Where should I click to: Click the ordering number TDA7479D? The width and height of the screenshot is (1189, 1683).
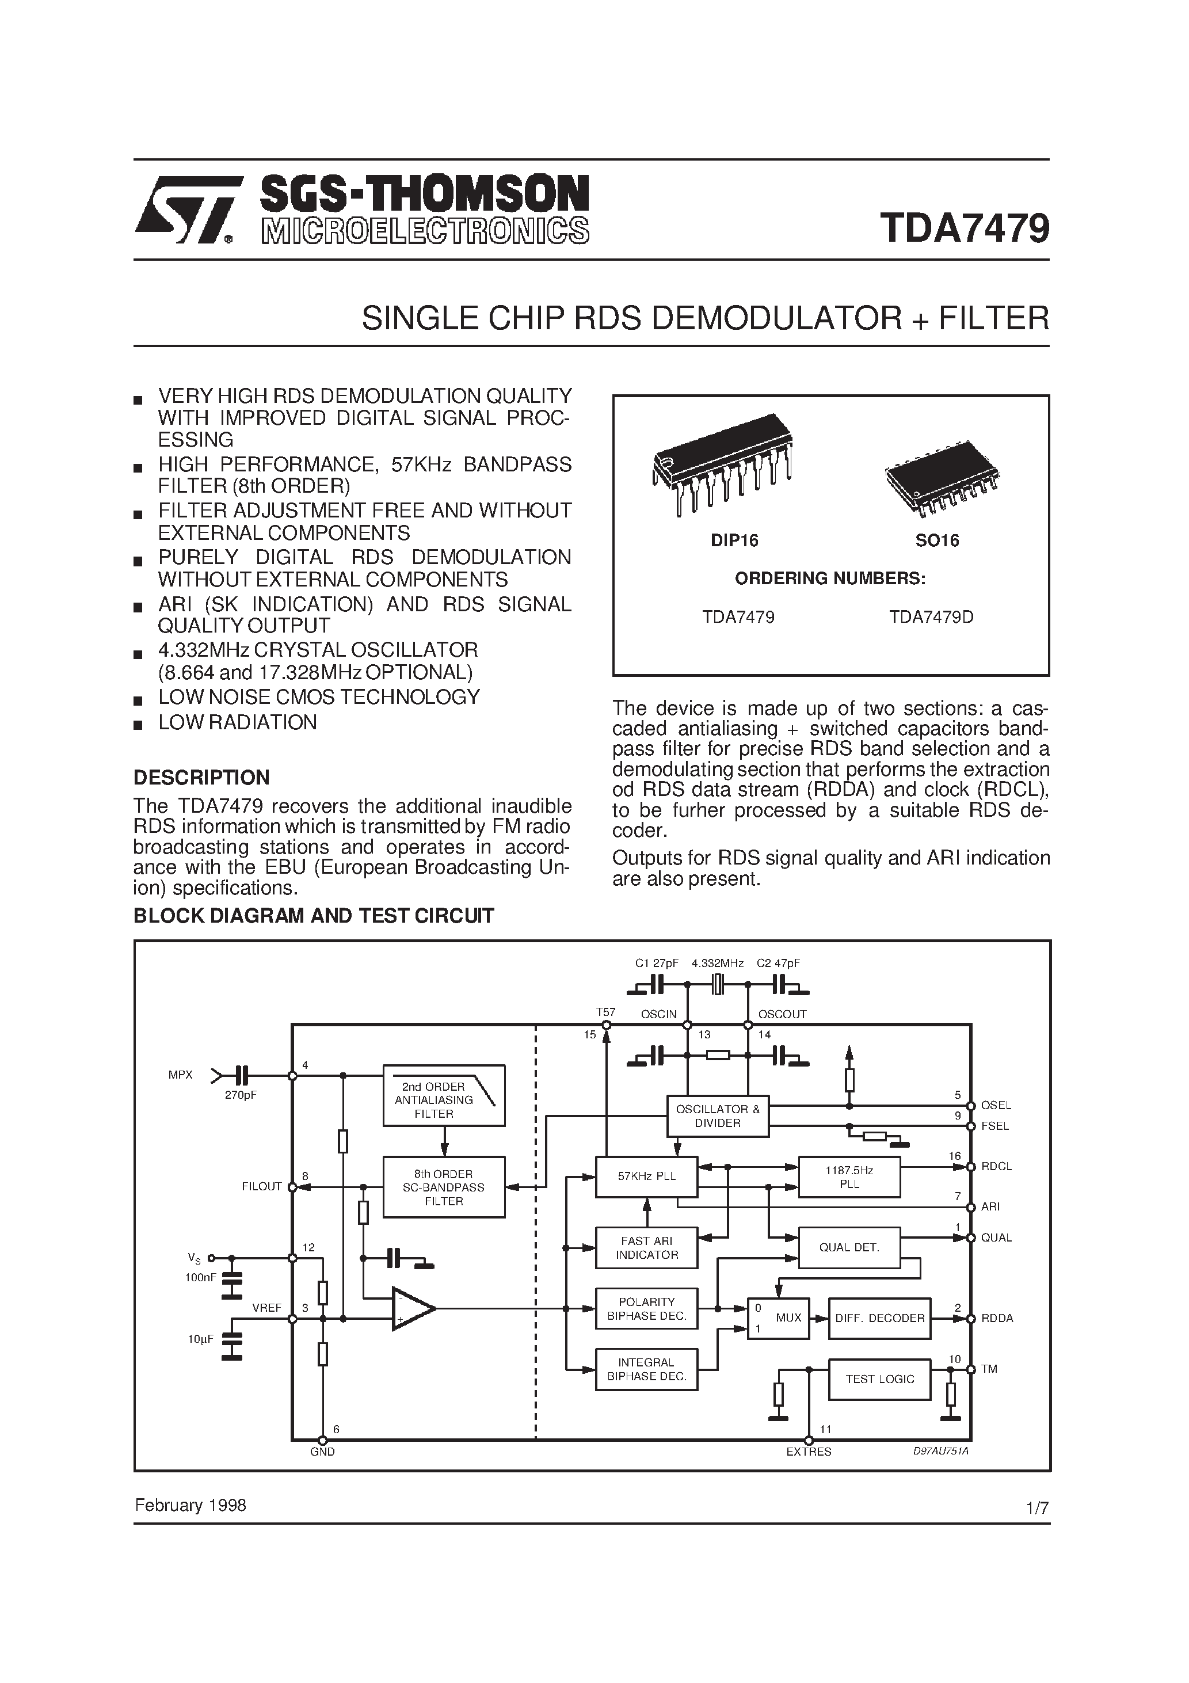931,617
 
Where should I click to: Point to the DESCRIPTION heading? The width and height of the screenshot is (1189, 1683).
201,777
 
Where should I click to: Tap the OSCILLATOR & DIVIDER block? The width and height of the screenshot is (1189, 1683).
717,1115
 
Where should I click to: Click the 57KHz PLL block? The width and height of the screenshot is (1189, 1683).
646,1176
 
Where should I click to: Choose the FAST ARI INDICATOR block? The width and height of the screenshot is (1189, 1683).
646,1248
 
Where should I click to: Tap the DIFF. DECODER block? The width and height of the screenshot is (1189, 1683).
879,1318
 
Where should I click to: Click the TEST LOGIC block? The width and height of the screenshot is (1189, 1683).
879,1379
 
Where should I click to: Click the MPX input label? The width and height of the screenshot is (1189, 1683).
180,1075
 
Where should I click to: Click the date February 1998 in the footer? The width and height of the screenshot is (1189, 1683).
190,1506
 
